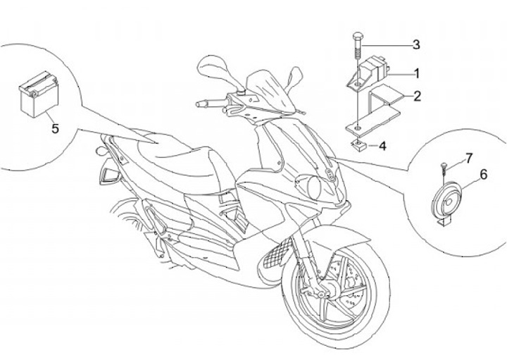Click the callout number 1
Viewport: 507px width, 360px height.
[x=416, y=73]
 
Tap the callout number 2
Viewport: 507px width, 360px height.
[x=417, y=96]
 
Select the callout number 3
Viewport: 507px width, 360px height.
[x=416, y=44]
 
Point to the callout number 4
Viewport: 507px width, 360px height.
[x=382, y=147]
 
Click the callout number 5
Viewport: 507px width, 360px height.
[x=55, y=128]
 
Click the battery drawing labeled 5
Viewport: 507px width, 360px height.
[x=37, y=99]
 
